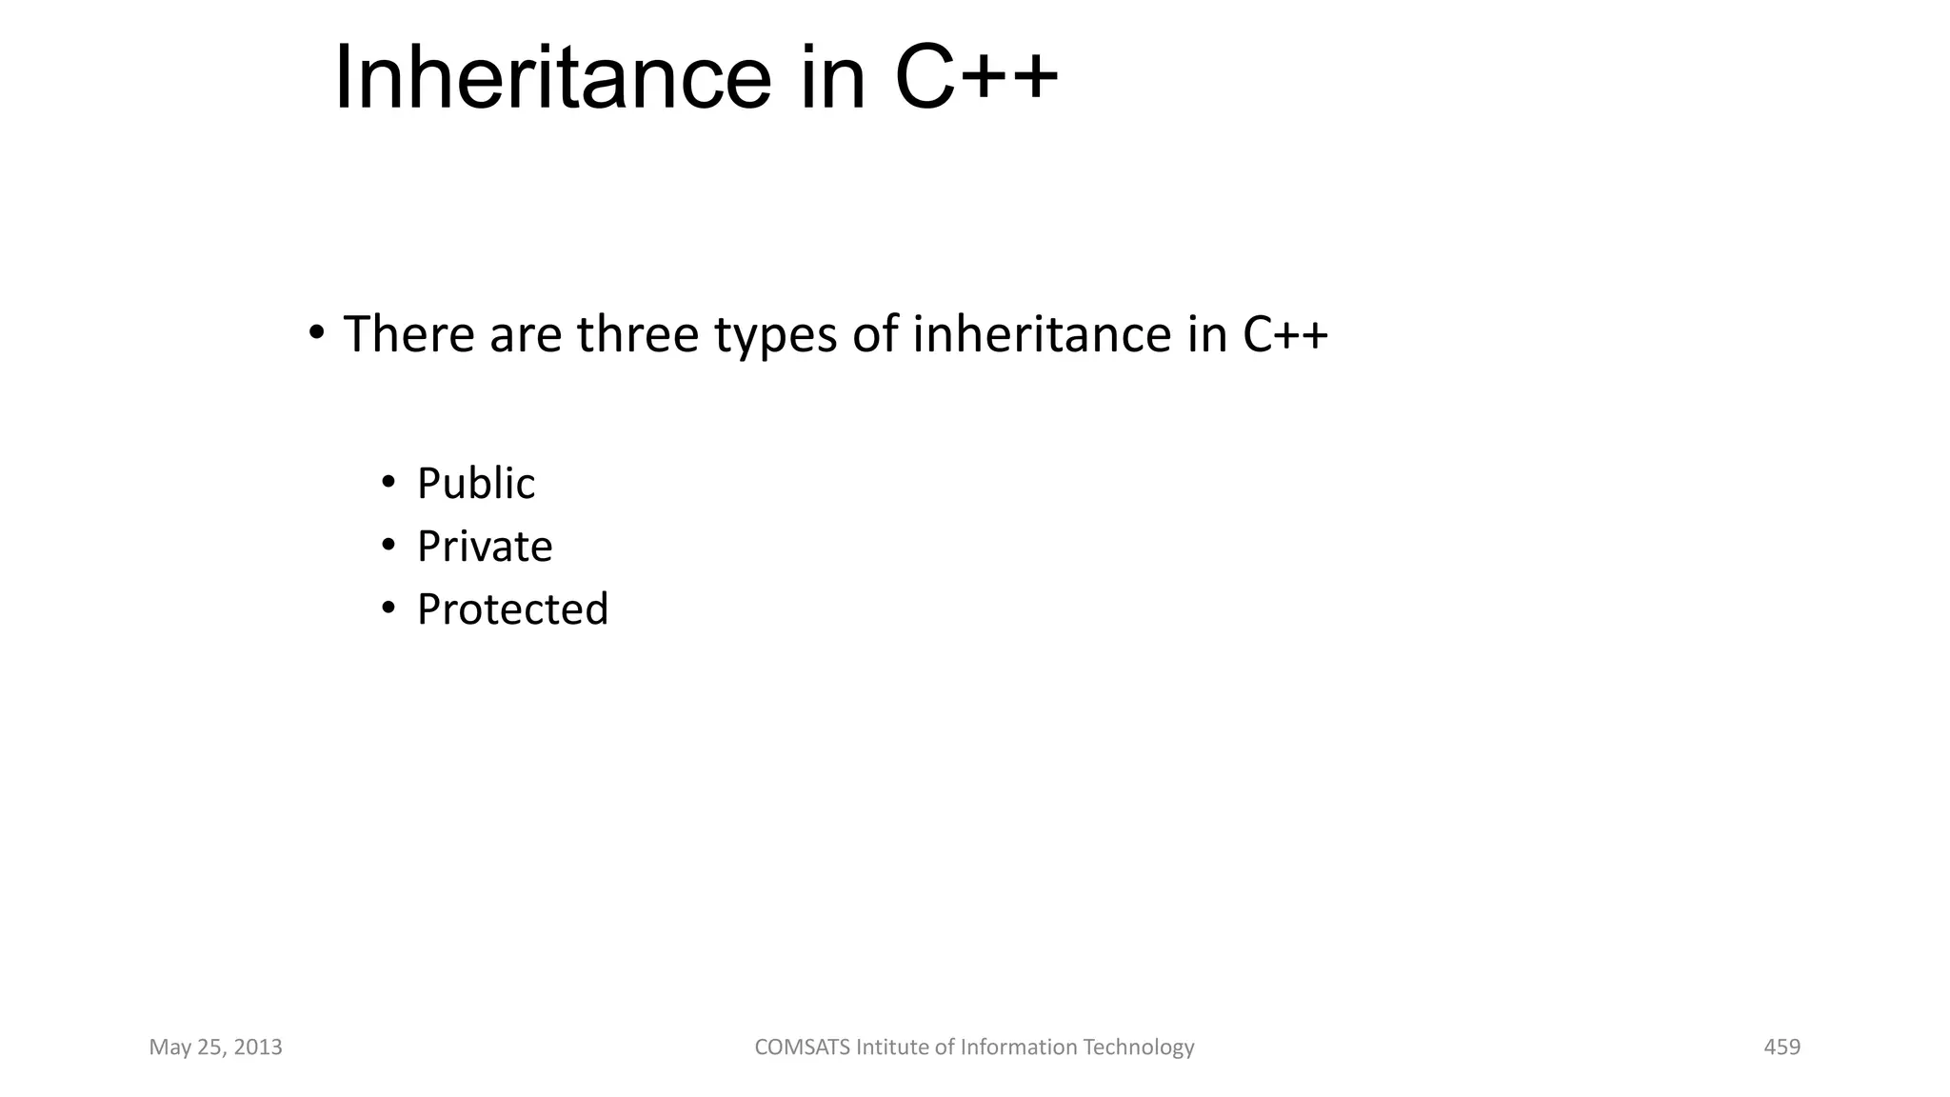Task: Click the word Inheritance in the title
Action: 552,78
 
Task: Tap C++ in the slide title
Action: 976,78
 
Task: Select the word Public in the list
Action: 476,484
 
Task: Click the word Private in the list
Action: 485,547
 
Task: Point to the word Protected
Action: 512,609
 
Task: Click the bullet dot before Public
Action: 388,483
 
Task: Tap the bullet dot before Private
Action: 388,546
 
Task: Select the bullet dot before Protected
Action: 388,608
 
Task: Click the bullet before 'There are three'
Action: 316,333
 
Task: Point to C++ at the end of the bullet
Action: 1285,334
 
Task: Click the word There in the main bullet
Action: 408,334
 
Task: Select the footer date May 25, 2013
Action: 216,1047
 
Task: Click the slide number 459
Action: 1781,1047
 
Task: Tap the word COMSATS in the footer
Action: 802,1047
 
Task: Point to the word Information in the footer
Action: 1018,1047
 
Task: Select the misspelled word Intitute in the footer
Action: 892,1047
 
